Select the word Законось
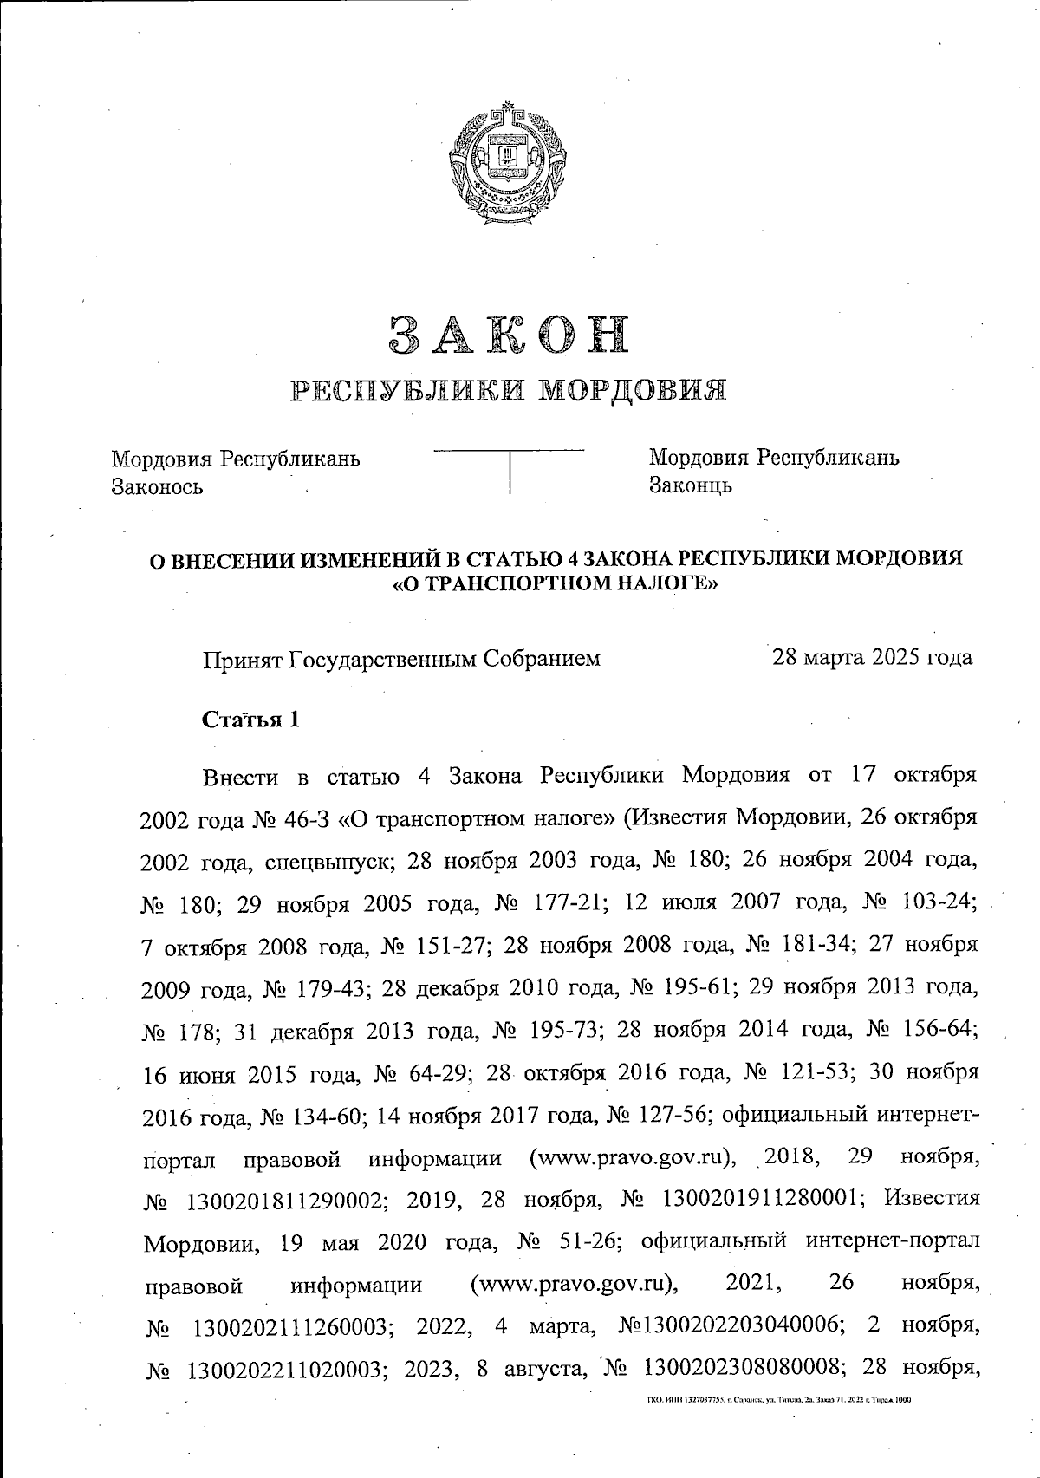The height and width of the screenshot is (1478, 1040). pyautogui.click(x=157, y=486)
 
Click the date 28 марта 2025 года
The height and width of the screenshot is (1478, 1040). pyautogui.click(x=873, y=657)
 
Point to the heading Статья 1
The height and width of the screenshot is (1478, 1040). pyautogui.click(x=250, y=719)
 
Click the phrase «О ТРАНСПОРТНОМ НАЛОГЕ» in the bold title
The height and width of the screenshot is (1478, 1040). pyautogui.click(x=556, y=585)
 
